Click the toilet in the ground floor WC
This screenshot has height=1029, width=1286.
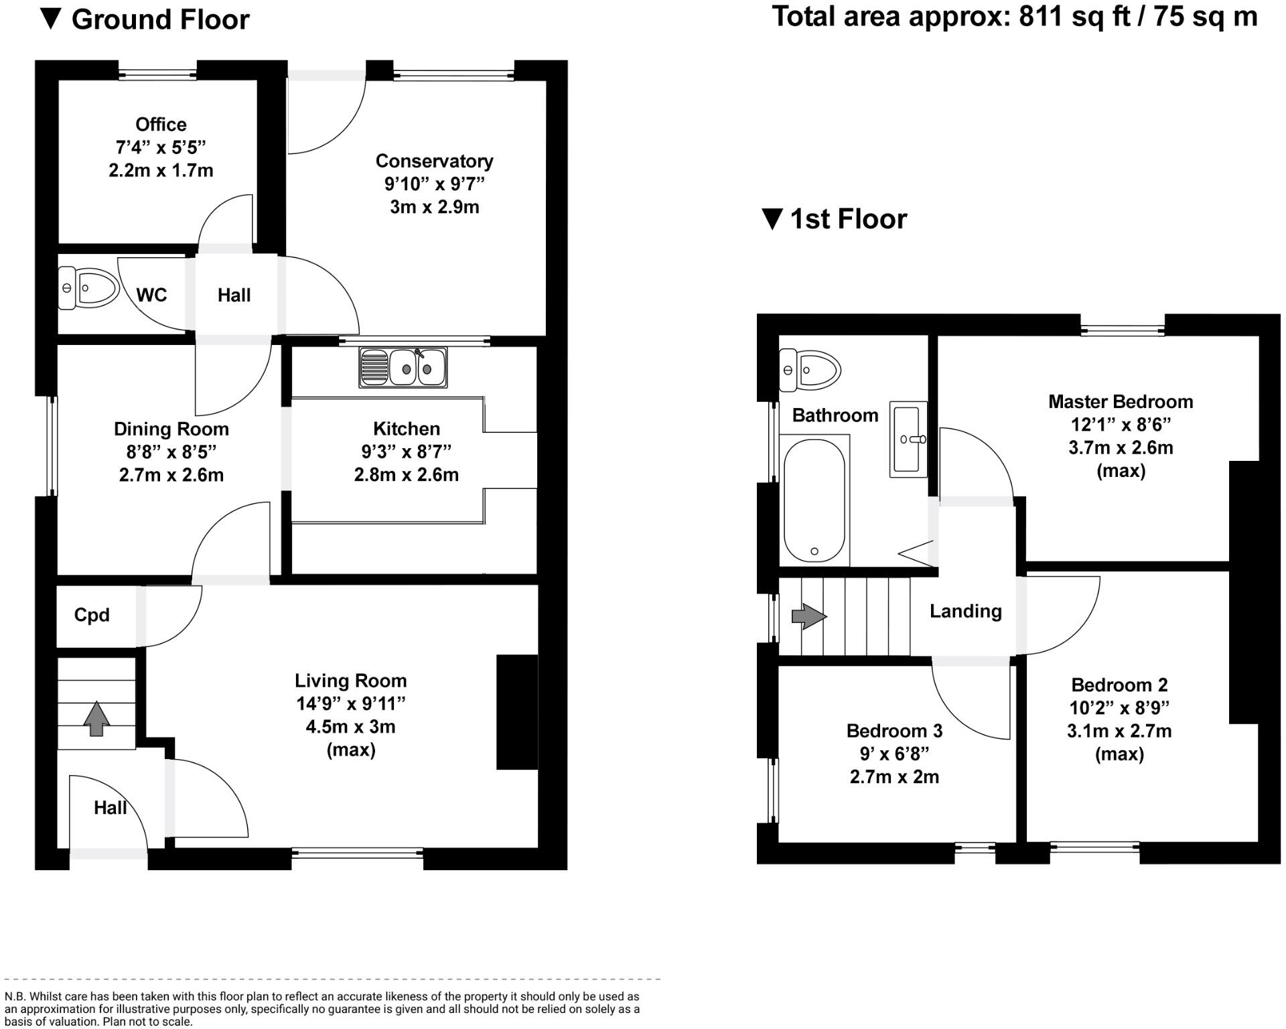coord(89,288)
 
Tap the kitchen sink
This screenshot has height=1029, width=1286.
coord(403,367)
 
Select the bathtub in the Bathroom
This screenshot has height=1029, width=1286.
coord(814,501)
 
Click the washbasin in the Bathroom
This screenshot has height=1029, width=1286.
coord(908,439)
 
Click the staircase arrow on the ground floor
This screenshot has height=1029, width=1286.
coord(96,719)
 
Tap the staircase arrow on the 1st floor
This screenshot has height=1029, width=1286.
coord(809,616)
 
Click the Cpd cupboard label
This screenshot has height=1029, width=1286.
coord(92,615)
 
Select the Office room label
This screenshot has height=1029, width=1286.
coord(161,125)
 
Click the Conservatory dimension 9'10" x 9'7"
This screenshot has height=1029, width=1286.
coord(433,184)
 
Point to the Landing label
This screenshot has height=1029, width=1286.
coord(965,611)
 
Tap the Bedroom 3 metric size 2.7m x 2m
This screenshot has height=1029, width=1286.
coord(894,777)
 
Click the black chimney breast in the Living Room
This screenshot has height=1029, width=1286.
coord(516,711)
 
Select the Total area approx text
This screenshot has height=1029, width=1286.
coord(1015,17)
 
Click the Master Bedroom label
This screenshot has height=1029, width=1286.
coord(1120,402)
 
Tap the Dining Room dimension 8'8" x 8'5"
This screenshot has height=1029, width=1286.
coord(171,452)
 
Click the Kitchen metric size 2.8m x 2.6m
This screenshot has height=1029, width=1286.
coord(406,475)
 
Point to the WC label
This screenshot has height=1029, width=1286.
coord(151,295)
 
